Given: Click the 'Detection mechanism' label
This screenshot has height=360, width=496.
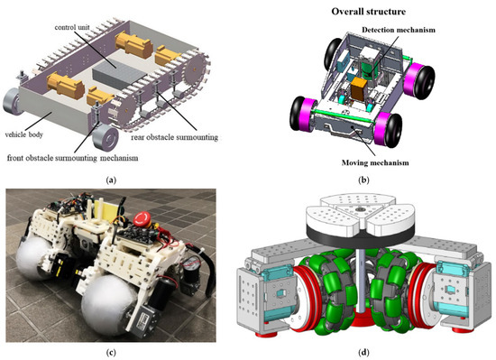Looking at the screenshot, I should (399, 31).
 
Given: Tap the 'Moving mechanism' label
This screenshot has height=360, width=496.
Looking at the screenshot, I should (372, 163).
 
